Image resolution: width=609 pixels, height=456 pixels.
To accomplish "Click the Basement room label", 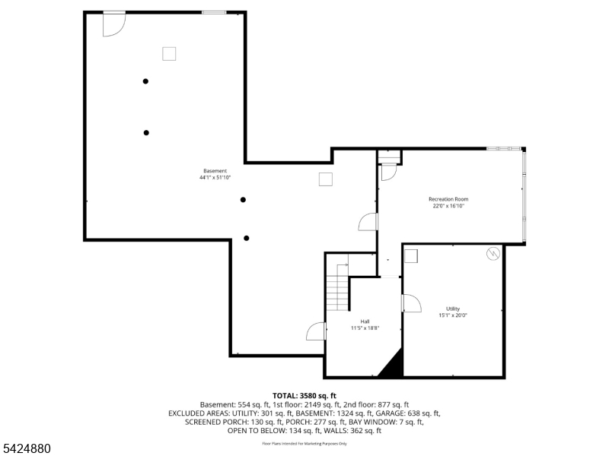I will coord(215,171).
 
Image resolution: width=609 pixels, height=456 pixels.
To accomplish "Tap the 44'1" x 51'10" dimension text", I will coord(215,178).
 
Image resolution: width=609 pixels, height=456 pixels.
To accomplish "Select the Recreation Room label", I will coord(448,199).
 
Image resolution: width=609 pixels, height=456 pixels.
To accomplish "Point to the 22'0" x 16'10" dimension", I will coord(448,206).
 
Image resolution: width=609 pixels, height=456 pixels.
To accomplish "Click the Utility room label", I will coord(452,309).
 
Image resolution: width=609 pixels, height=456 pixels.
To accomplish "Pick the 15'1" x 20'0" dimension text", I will coord(452,315).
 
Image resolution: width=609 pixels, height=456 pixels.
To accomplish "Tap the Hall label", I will coord(365,321).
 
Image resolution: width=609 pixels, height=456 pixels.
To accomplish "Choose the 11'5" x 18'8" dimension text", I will coord(365,328).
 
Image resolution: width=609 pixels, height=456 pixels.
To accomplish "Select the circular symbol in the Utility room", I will coord(493,254).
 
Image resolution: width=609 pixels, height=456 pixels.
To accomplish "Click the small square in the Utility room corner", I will coord(411,255).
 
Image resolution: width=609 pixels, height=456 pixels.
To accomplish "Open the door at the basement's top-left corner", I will coord(113,24).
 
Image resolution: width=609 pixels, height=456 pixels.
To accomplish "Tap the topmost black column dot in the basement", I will coord(145,81).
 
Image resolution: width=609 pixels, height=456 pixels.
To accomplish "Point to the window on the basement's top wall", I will coord(213,13).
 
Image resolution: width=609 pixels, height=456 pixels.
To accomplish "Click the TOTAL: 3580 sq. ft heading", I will coord(304,395).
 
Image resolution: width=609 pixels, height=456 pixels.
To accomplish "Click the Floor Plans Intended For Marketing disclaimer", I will coord(304,443).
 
